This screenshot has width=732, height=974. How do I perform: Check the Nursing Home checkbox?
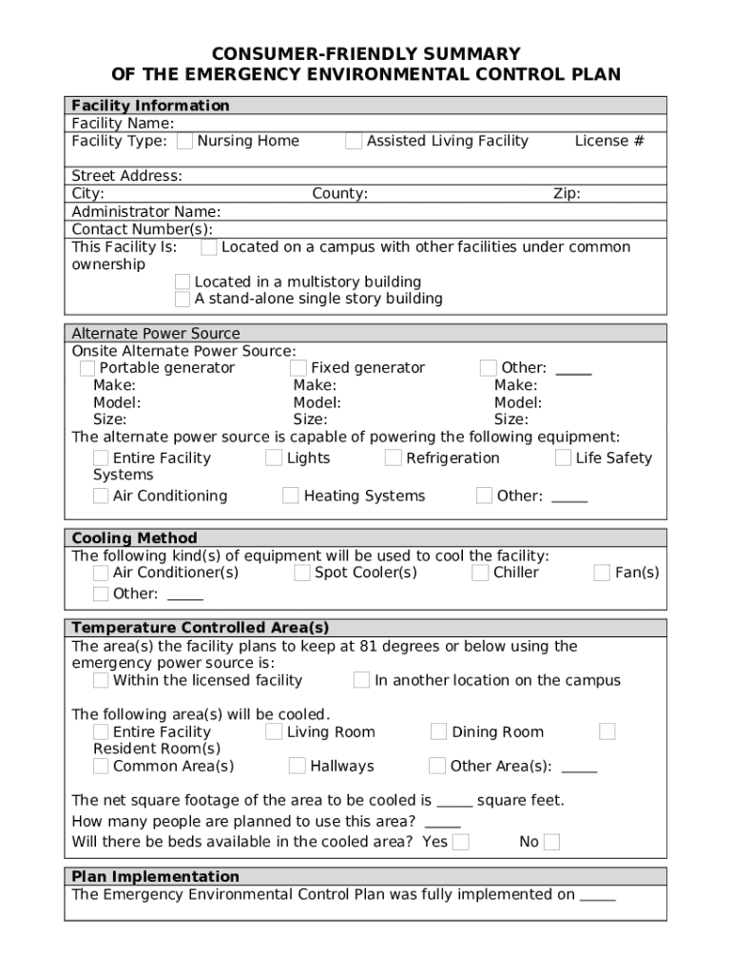tap(184, 142)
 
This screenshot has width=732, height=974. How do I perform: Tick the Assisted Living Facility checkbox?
tap(354, 142)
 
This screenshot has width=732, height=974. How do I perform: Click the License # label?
tap(609, 142)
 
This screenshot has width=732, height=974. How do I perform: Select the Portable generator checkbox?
tap(87, 368)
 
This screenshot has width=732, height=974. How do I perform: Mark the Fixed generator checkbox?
tap(299, 368)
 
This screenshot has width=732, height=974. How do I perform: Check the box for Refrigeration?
tap(394, 458)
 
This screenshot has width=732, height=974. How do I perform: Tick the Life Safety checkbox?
tap(564, 458)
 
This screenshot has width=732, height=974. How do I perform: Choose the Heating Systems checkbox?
tap(291, 496)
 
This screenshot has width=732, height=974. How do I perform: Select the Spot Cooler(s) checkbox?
tap(302, 573)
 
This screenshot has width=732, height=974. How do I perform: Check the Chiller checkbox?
tap(480, 573)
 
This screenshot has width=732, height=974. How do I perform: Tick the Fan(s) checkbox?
tap(602, 573)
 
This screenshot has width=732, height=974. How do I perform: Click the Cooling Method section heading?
tap(135, 538)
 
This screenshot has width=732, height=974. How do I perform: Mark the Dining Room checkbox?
tap(438, 731)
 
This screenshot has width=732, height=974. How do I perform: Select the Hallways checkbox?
tap(298, 766)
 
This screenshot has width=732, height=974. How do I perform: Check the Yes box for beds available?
tap(461, 842)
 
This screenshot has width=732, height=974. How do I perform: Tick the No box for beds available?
tap(551, 842)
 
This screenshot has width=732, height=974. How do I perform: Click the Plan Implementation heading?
tap(156, 877)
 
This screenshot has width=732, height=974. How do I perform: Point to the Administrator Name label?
tap(146, 211)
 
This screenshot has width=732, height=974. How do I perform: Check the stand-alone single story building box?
tap(183, 300)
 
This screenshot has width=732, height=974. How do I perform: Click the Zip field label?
tap(567, 194)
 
